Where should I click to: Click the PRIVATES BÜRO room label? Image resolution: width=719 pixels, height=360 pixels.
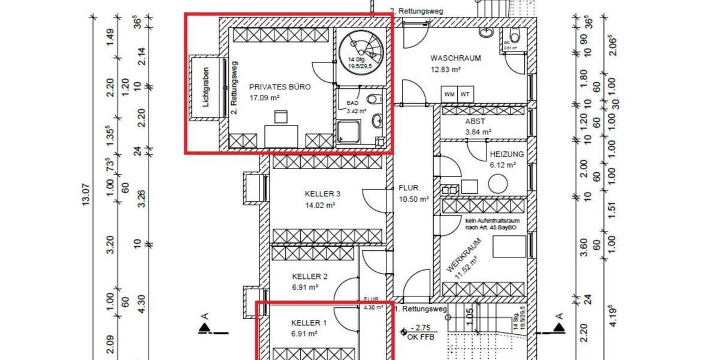click(280, 87)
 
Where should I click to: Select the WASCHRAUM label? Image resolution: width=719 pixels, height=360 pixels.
click(455, 58)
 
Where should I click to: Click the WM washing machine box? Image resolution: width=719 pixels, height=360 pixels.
click(449, 94)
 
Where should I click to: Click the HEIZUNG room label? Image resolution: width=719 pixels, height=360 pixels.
click(506, 154)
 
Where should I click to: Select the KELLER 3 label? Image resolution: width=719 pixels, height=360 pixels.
click(322, 194)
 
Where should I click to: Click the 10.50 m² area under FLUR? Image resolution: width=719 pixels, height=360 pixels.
click(414, 199)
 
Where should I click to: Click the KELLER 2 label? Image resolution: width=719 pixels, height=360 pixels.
click(309, 277)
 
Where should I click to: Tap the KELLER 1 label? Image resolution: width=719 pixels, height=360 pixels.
click(309, 323)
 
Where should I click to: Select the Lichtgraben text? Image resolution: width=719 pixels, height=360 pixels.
click(206, 88)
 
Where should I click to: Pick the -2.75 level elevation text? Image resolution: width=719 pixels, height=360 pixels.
click(421, 329)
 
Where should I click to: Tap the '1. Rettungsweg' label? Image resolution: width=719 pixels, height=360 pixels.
click(421, 310)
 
